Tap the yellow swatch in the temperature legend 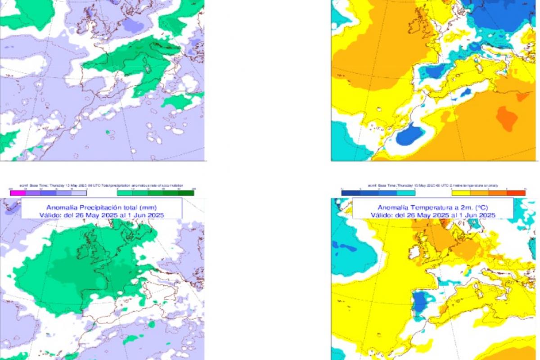pyautogui.click(x=460, y=193)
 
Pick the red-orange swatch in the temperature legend pyautogui.click(x=516, y=193)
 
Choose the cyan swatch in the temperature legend pyautogui.click(x=406, y=193)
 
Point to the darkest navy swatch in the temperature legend pyautogui.click(x=351, y=193)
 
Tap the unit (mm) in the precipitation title pyautogui.click(x=148, y=207)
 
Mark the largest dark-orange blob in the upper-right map pyautogui.click(x=507, y=118)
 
